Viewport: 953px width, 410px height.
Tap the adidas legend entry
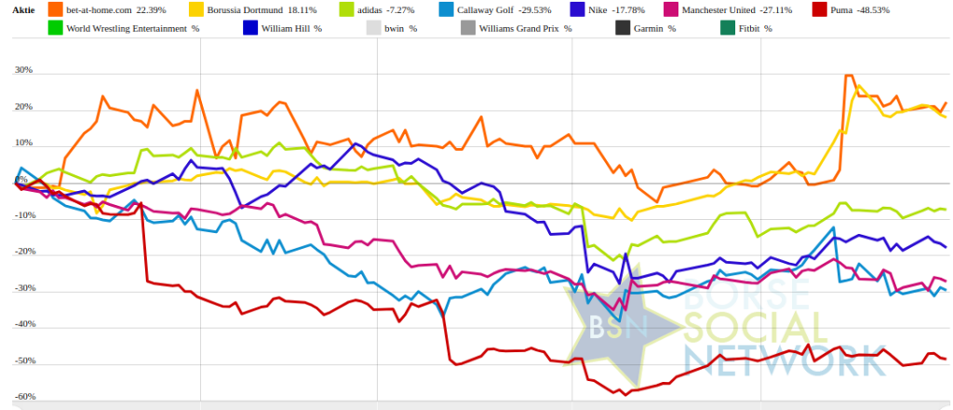click(369, 9)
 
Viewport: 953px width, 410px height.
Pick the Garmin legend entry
click(651, 29)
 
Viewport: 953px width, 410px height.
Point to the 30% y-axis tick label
click(22, 71)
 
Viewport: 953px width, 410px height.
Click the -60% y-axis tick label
click(22, 397)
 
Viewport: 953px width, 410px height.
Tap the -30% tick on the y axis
click(22, 289)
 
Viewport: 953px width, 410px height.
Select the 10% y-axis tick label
click(22, 143)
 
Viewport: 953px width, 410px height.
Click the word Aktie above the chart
click(24, 9)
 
